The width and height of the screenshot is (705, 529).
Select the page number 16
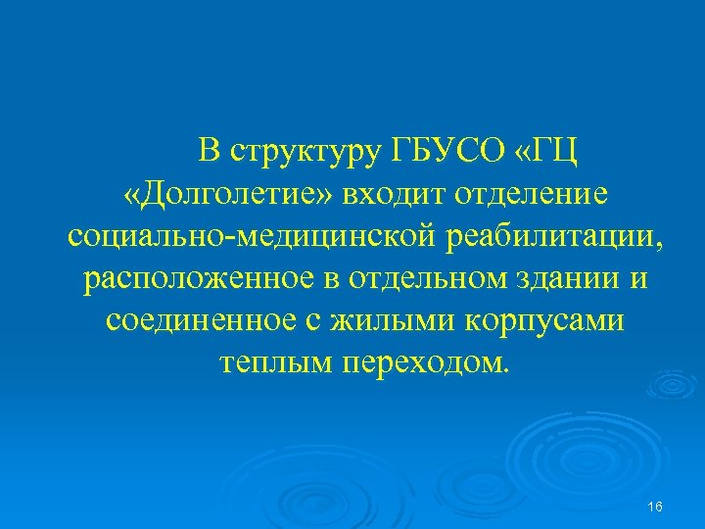(x=656, y=505)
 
